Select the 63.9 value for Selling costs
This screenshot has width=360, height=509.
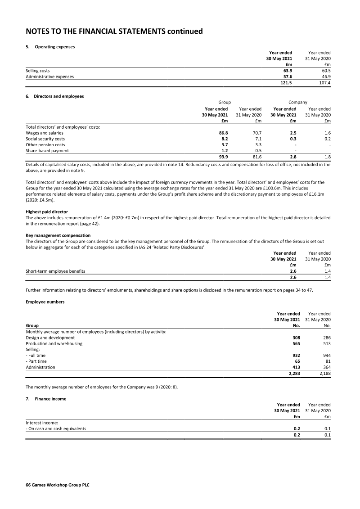(x=287, y=71)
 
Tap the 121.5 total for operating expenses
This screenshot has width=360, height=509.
(x=286, y=83)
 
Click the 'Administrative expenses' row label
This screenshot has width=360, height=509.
(x=49, y=77)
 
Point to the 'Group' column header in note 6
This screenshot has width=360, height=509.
(x=225, y=103)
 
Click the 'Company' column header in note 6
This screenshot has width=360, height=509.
(x=297, y=103)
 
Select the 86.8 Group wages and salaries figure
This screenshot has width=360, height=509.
(x=222, y=133)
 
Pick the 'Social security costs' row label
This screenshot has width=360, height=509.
(x=45, y=139)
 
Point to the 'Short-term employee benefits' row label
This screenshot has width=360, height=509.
(x=55, y=271)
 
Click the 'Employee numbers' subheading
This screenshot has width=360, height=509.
(x=45, y=302)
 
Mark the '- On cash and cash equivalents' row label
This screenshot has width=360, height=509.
(x=56, y=429)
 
